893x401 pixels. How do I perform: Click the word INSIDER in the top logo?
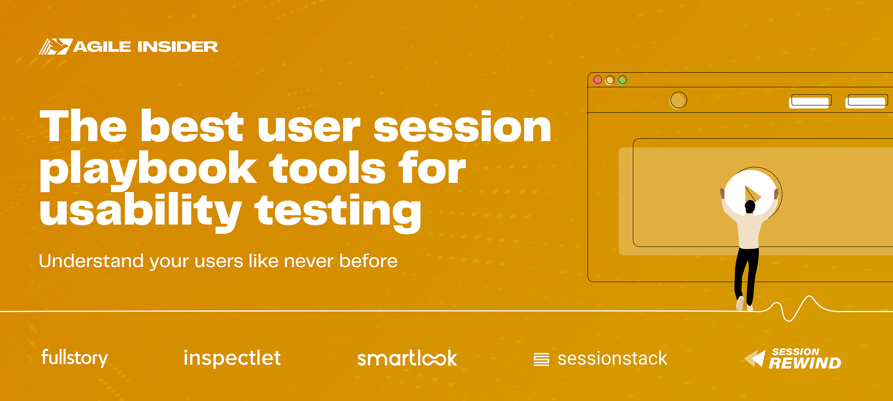[177, 46]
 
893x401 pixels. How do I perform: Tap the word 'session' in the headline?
[462, 128]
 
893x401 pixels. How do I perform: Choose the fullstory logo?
[75, 358]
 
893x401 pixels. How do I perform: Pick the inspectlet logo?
[232, 358]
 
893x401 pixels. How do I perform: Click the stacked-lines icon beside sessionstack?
[541, 359]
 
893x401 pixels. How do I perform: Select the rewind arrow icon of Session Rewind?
[755, 359]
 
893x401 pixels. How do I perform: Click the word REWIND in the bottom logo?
[805, 363]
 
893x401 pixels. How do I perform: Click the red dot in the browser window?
[597, 80]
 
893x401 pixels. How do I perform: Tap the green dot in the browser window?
[622, 80]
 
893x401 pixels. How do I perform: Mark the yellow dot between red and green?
[610, 80]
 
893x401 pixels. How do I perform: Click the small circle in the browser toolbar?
[678, 100]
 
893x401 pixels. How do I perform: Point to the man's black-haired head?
[750, 207]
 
